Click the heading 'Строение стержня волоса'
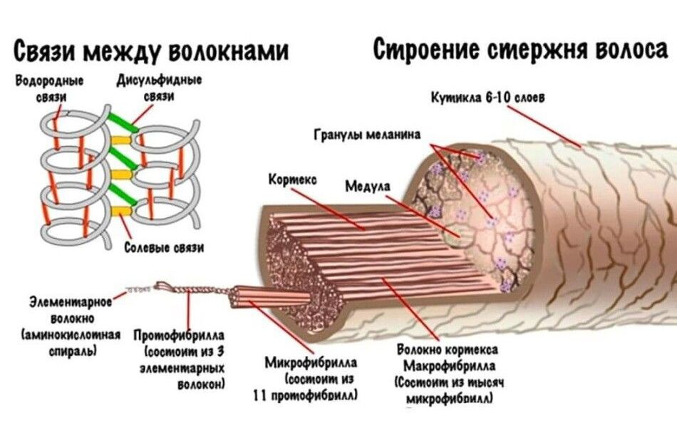521,50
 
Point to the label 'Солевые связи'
165,248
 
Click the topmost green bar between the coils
121,123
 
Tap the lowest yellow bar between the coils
122,210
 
